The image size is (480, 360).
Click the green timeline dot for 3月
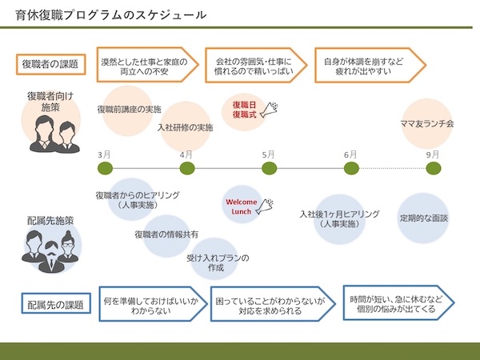click(105, 168)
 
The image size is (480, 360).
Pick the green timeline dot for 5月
click(270, 168)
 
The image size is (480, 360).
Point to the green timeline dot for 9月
click(433, 168)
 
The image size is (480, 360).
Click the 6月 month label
click(350, 154)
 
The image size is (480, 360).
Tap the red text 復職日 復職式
click(244, 110)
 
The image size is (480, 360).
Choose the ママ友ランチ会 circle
click(427, 124)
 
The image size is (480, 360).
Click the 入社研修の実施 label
click(185, 127)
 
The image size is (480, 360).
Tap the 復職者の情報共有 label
click(166, 234)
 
